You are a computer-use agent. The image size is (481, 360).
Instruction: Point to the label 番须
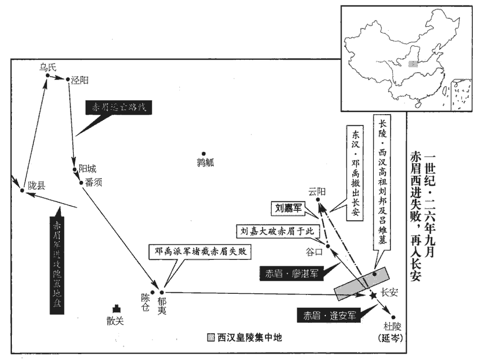pyautogui.click(x=93, y=182)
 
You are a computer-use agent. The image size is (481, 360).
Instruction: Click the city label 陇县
pyautogui.click(x=37, y=186)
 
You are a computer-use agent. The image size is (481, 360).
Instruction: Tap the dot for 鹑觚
pyautogui.click(x=204, y=153)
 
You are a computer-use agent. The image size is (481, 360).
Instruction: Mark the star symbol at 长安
pyautogui.click(x=372, y=296)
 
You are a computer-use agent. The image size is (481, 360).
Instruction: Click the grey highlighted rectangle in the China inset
pyautogui.click(x=413, y=63)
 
